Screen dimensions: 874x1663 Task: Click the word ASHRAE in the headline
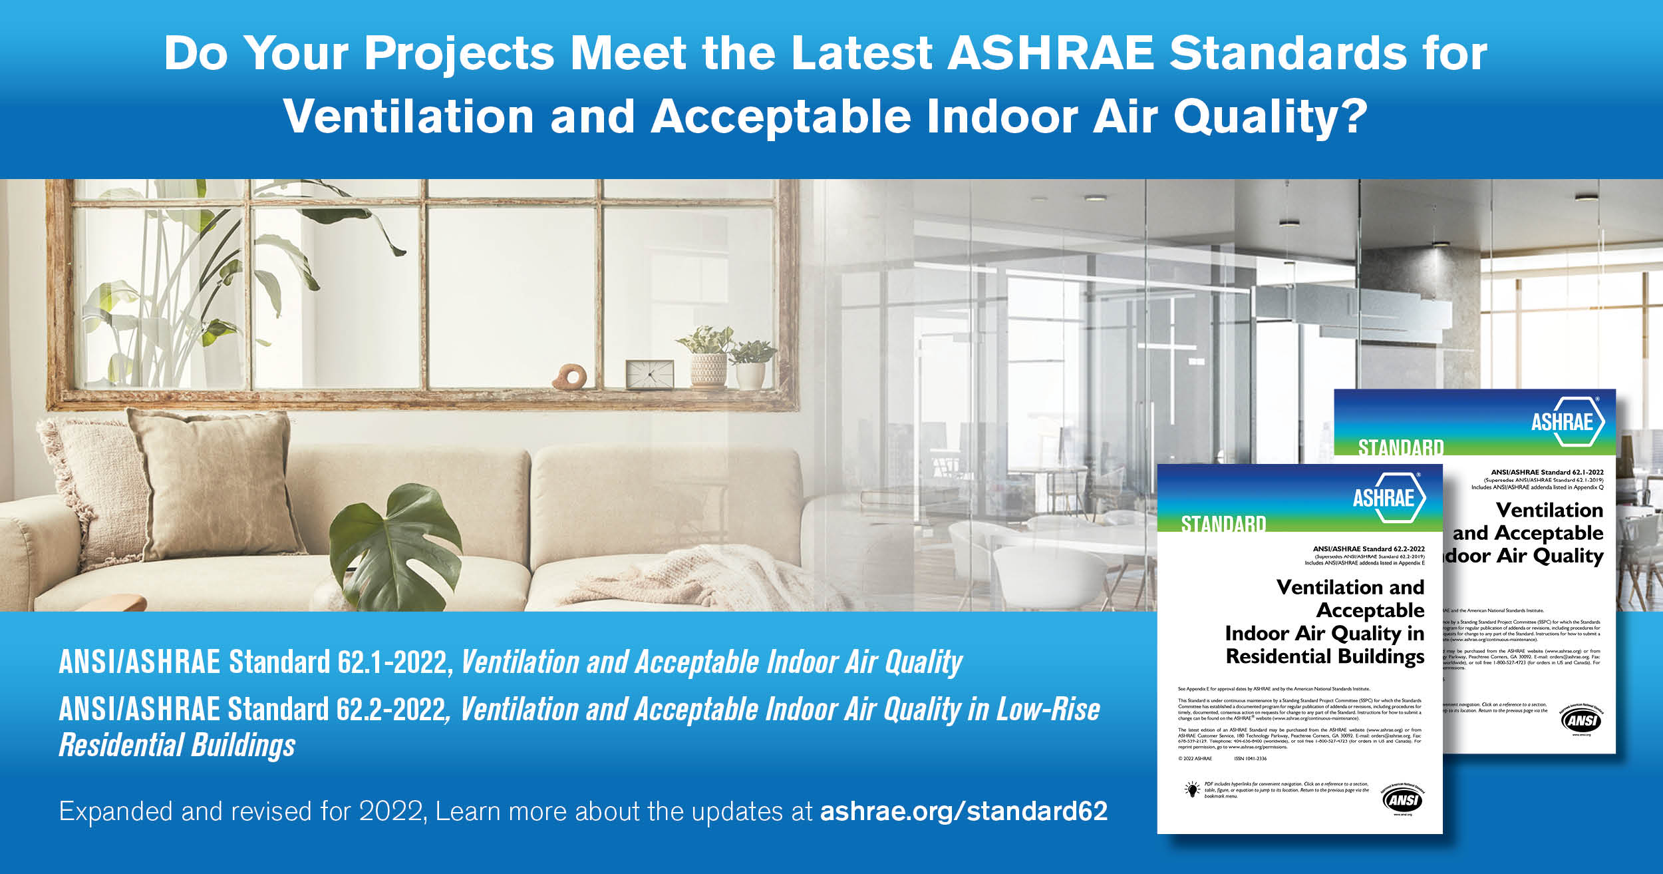pyautogui.click(x=1051, y=53)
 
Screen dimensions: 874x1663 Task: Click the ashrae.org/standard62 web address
pyautogui.click(x=963, y=811)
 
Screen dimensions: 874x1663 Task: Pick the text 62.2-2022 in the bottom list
pyautogui.click(x=392, y=710)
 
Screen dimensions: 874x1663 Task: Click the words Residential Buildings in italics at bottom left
pyautogui.click(x=177, y=745)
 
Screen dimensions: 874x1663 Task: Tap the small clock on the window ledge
pyautogui.click(x=649, y=374)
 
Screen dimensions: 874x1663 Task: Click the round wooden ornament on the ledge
pyautogui.click(x=569, y=376)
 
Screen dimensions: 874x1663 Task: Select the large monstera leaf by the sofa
pyautogui.click(x=399, y=546)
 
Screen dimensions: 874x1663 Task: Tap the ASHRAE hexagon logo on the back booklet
pyautogui.click(x=1567, y=421)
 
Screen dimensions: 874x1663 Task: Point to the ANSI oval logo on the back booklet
pyautogui.click(x=1583, y=720)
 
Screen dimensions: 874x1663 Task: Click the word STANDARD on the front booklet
pyautogui.click(x=1223, y=525)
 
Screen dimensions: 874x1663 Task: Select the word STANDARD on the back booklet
pyautogui.click(x=1400, y=448)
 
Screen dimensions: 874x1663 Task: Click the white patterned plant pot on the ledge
pyautogui.click(x=708, y=369)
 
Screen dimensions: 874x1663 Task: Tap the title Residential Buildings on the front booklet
pyautogui.click(x=1324, y=657)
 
